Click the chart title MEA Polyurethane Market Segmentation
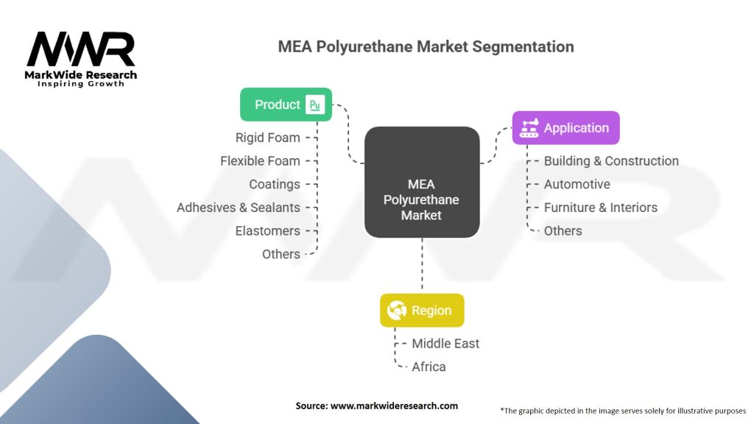(426, 46)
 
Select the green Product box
(286, 105)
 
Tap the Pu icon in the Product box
(315, 105)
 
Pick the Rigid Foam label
(267, 138)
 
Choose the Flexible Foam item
(260, 160)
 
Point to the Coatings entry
(274, 184)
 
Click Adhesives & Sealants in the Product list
(238, 208)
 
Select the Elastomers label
(267, 230)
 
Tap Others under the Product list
(281, 254)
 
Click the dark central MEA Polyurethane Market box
(422, 183)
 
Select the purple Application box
(565, 128)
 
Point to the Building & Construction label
(611, 160)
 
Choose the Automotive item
(577, 184)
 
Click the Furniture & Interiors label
(600, 208)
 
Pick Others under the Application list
(563, 230)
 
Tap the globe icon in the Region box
(397, 311)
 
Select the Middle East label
(445, 343)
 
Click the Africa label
(429, 367)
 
